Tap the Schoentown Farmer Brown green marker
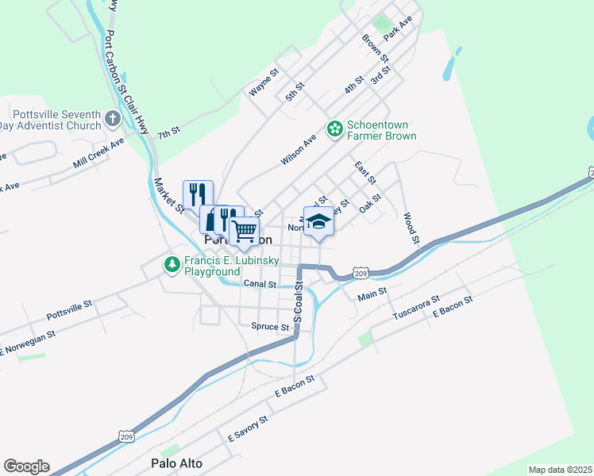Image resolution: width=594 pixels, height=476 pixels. [x=334, y=128]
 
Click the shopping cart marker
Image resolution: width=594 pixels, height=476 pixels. [x=245, y=231]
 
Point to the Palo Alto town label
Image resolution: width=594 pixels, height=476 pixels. [x=176, y=463]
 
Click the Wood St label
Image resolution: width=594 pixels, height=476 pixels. [x=410, y=227]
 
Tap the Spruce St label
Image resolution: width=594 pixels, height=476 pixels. [x=270, y=326]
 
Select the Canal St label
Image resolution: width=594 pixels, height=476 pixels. [x=259, y=283]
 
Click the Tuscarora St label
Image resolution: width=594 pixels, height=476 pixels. [x=415, y=309]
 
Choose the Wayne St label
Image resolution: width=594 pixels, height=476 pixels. [x=264, y=83]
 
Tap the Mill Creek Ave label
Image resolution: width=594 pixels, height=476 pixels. [x=98, y=152]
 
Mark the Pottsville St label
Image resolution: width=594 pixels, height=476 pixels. [x=70, y=302]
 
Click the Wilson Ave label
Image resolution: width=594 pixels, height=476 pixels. [x=299, y=149]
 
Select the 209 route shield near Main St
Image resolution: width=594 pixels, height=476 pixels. [x=361, y=272]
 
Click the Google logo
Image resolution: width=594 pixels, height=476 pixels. [x=26, y=466]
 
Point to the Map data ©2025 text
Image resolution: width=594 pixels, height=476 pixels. [x=560, y=470]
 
